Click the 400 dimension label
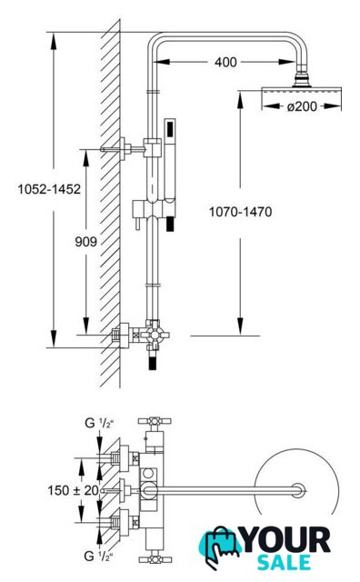coord(225,62)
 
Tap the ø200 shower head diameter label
coord(302,106)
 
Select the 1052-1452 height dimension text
coord(49,189)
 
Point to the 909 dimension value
coord(85,242)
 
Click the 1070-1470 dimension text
coord(241,212)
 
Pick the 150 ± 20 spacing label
coord(73,490)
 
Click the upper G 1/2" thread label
coord(99,423)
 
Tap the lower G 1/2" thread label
coord(98,556)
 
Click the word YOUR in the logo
coord(286,540)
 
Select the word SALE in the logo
coord(285,562)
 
